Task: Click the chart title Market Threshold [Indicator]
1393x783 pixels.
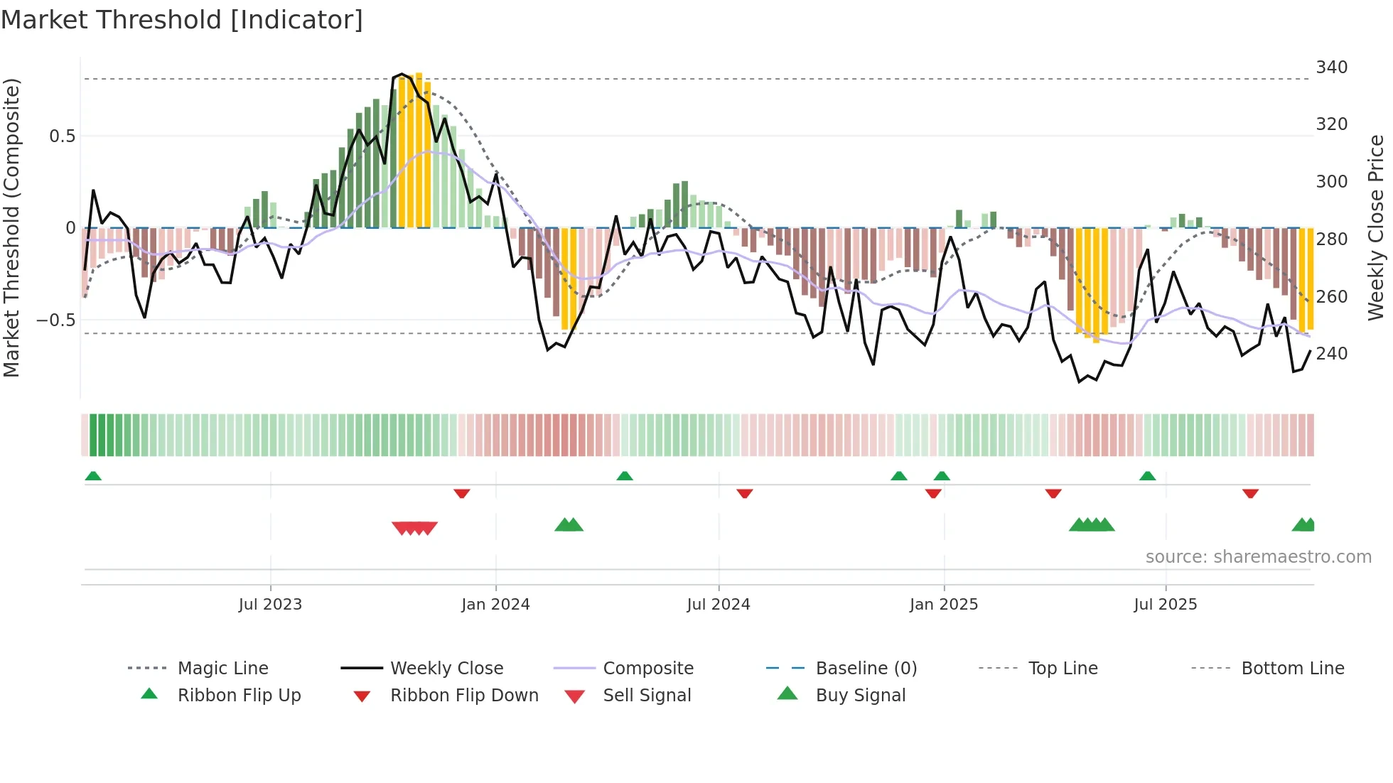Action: click(182, 20)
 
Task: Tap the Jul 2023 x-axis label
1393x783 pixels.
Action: click(270, 605)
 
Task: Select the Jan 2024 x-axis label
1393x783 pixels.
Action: click(495, 605)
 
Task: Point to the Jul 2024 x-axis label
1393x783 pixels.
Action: click(719, 605)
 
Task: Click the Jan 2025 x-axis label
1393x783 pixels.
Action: click(944, 605)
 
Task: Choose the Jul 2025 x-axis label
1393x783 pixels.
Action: click(1166, 605)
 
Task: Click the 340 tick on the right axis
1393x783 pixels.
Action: click(1331, 67)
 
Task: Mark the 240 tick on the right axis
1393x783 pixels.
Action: click(1331, 354)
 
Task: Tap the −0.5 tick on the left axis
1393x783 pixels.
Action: click(56, 320)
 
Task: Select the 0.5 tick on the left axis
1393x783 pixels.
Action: click(63, 136)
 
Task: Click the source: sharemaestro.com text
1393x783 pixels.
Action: click(1258, 557)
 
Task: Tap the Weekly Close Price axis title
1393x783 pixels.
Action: click(1376, 227)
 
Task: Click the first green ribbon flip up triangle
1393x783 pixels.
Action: click(93, 476)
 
